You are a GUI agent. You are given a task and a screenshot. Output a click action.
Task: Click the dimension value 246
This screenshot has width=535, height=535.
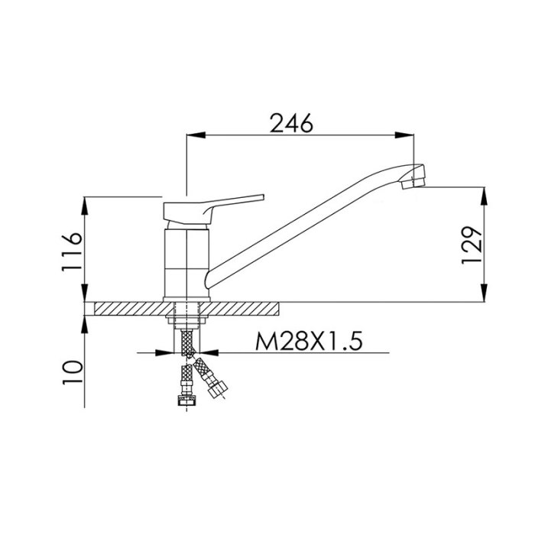(x=291, y=123)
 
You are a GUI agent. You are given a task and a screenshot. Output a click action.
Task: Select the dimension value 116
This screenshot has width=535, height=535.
(x=72, y=251)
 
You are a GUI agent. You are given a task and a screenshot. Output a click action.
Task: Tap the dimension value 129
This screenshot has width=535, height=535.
(x=472, y=245)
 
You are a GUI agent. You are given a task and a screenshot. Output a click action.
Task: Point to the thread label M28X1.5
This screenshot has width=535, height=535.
(x=309, y=342)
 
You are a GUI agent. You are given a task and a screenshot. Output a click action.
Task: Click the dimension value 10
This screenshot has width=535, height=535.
(x=72, y=372)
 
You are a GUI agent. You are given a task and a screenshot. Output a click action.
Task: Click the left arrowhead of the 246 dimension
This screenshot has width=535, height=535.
(x=196, y=135)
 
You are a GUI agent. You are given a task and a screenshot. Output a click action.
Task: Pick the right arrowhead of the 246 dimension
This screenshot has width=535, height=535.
(x=404, y=135)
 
